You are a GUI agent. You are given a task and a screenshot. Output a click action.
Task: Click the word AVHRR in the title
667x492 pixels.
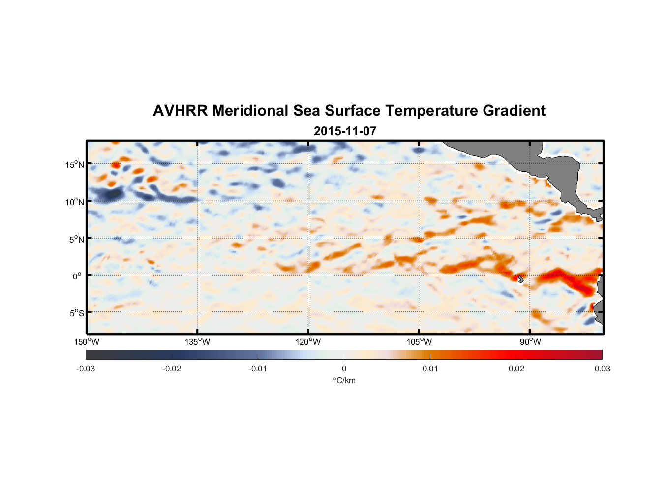pyautogui.click(x=180, y=111)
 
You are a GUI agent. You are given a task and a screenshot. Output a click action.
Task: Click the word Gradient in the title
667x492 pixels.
pyautogui.click(x=514, y=111)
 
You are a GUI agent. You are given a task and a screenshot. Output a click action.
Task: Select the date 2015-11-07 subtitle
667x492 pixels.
pyautogui.click(x=345, y=131)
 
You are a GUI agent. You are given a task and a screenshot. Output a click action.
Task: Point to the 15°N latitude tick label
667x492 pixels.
pyautogui.click(x=74, y=164)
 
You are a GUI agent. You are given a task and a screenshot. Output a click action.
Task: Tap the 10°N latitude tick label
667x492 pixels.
pyautogui.click(x=74, y=202)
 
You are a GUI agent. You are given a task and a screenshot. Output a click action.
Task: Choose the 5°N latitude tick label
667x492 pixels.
pyautogui.click(x=76, y=239)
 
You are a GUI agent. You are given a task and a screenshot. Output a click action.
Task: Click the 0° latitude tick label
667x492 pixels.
pyautogui.click(x=77, y=276)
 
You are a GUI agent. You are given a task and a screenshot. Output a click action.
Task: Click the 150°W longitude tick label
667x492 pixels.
pyautogui.click(x=87, y=342)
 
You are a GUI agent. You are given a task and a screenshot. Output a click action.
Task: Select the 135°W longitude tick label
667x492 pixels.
pyautogui.click(x=197, y=342)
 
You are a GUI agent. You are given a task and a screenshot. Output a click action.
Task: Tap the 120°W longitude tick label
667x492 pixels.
pyautogui.click(x=308, y=342)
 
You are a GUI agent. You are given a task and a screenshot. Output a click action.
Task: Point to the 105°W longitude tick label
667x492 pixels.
pyautogui.click(x=419, y=342)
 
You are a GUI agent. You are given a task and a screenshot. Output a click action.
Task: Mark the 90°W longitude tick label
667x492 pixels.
pyautogui.click(x=530, y=342)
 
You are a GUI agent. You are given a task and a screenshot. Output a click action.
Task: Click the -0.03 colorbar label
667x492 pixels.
pyautogui.click(x=86, y=369)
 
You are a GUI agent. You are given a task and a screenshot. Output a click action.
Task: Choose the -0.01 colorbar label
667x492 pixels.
pyautogui.click(x=258, y=369)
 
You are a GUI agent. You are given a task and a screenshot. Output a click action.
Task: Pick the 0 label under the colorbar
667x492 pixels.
pyautogui.click(x=344, y=369)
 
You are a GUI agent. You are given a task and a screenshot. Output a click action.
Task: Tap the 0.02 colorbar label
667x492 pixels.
pyautogui.click(x=516, y=369)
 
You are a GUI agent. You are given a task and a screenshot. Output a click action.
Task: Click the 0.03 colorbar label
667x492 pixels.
pyautogui.click(x=602, y=369)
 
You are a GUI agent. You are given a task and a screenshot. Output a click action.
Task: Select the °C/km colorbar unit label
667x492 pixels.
pyautogui.click(x=344, y=380)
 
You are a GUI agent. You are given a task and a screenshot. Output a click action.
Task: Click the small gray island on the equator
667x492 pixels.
pyautogui.click(x=520, y=278)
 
